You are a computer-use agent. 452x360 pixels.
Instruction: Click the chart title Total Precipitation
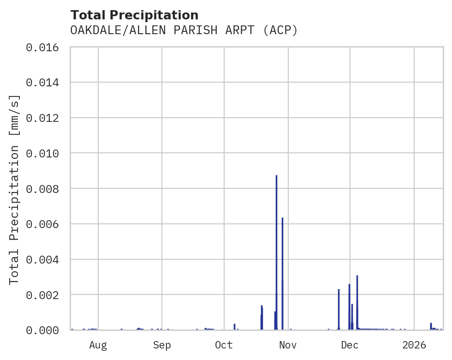[134, 15]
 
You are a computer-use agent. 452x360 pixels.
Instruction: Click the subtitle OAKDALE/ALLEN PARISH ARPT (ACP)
[184, 30]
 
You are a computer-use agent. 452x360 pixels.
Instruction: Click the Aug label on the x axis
[98, 345]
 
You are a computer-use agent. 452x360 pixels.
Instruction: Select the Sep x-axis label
[162, 345]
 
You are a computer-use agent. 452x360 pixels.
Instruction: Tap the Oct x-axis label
[224, 345]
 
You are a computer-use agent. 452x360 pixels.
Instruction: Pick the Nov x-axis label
[288, 345]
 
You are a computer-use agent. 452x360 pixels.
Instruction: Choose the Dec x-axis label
[350, 345]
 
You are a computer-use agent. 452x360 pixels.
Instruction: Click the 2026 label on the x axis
[414, 345]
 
